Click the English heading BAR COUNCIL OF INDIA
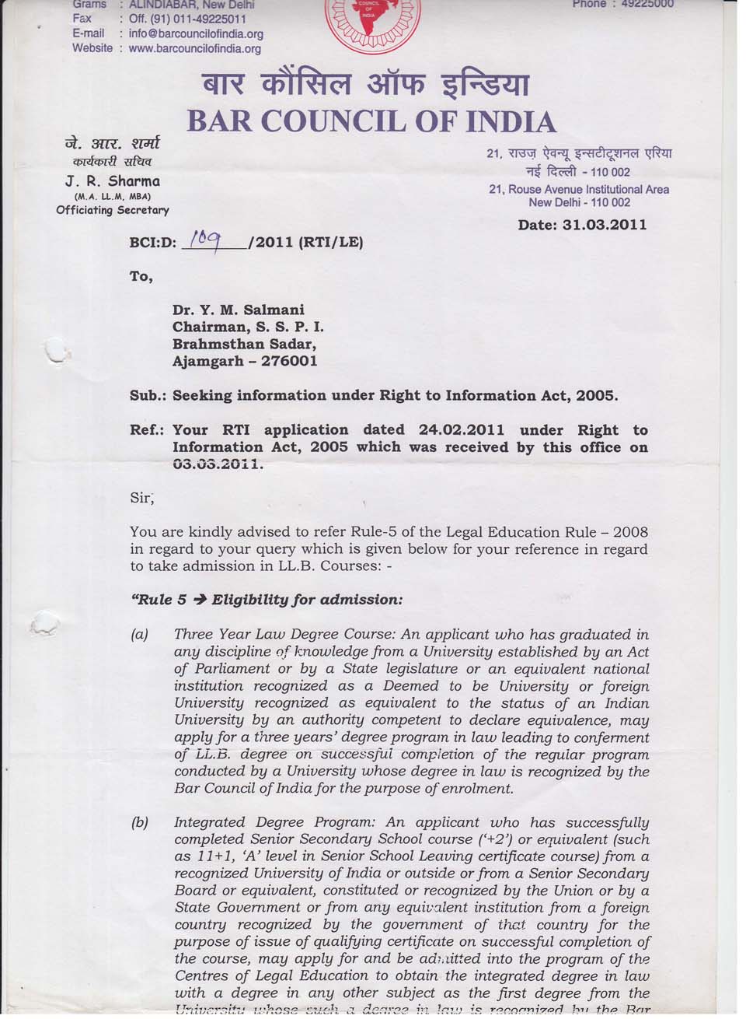tap(372, 121)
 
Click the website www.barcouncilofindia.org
tap(194, 48)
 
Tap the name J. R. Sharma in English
tap(113, 181)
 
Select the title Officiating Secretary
tap(113, 210)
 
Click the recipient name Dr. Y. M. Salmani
tap(239, 310)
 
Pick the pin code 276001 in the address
tap(289, 362)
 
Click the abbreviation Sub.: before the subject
tap(148, 395)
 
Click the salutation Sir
tap(142, 499)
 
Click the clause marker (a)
tap(140, 636)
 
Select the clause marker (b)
tap(140, 823)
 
